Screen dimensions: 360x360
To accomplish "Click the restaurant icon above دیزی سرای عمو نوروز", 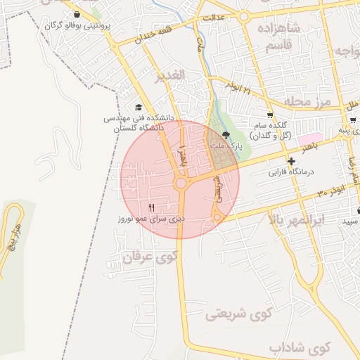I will click(x=151, y=206).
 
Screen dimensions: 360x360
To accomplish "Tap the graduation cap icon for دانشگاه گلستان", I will click(x=138, y=106).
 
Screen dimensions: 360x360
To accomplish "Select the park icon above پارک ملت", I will click(x=226, y=135).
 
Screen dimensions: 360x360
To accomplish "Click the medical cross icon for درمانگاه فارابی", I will click(x=291, y=162).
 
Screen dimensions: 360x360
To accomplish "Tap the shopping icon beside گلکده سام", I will click(x=271, y=115).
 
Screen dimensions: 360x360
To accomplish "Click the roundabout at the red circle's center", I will click(x=181, y=184).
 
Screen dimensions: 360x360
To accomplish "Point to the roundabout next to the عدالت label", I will click(x=243, y=16).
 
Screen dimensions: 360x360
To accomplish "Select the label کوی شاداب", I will click(x=299, y=348).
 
